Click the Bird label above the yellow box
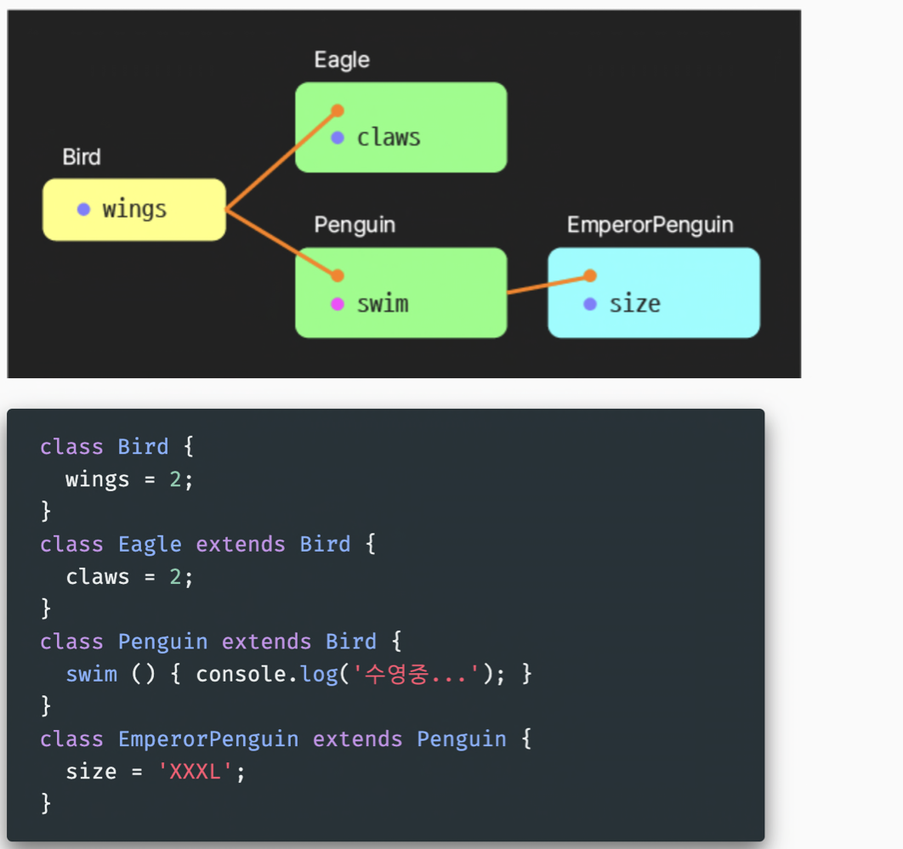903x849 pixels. [82, 157]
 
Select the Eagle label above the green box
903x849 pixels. [342, 60]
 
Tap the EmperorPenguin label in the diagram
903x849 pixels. [650, 225]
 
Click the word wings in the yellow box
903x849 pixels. [134, 209]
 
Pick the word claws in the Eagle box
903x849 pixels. [389, 138]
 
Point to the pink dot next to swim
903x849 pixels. [338, 304]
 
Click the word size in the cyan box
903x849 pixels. [634, 304]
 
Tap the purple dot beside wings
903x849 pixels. [83, 209]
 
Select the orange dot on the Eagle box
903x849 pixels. [338, 110]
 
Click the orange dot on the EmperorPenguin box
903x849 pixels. [590, 275]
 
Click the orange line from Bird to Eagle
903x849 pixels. [281, 160]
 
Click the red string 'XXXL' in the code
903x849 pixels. [196, 772]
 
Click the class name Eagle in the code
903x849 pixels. [150, 544]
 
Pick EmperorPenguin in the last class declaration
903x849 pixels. [208, 739]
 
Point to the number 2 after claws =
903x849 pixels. [174, 577]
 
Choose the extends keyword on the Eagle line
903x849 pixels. [241, 544]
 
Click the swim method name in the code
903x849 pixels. [91, 675]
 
